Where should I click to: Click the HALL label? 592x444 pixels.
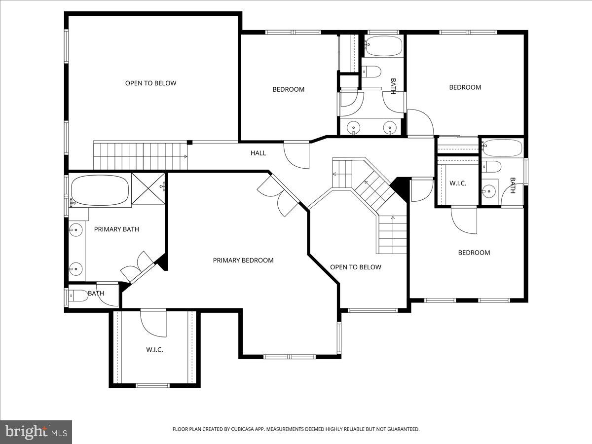tap(258, 153)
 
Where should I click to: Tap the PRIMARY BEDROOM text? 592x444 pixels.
tap(243, 260)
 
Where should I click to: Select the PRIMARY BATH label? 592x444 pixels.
tap(116, 229)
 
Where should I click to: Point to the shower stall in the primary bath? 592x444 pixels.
tap(148, 188)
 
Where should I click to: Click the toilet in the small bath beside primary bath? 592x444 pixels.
tap(77, 296)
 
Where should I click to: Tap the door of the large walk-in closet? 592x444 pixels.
tap(153, 323)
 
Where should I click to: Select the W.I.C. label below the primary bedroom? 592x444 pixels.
tap(154, 350)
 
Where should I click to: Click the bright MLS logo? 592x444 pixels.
tap(36, 432)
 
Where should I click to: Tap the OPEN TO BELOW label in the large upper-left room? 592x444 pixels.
tap(150, 83)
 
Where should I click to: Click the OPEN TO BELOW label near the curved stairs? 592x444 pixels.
tap(355, 267)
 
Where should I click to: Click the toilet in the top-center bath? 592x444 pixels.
tap(371, 72)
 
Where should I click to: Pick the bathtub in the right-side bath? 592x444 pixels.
tap(502, 148)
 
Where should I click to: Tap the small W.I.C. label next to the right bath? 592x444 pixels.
tap(457, 183)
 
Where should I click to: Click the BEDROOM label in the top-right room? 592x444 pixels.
tap(465, 87)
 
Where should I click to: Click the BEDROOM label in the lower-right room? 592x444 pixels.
tap(474, 253)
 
